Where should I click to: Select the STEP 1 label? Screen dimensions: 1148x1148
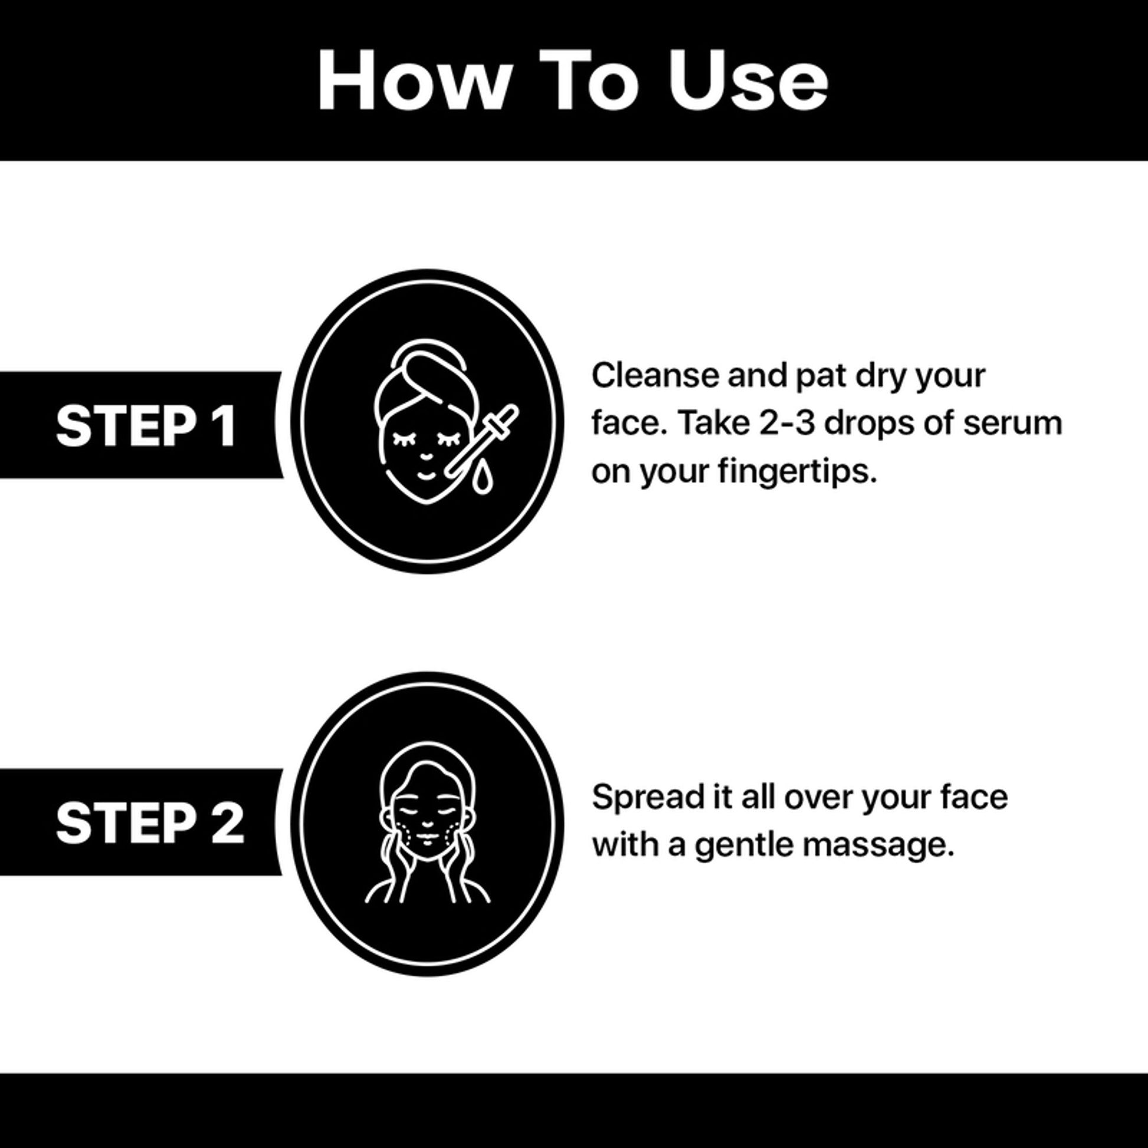(x=146, y=425)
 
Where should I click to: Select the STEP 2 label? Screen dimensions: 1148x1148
(x=150, y=822)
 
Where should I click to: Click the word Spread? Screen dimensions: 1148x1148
(x=647, y=798)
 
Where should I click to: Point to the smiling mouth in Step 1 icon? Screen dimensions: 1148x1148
(x=427, y=476)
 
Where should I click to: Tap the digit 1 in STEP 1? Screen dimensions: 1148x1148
(x=227, y=425)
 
